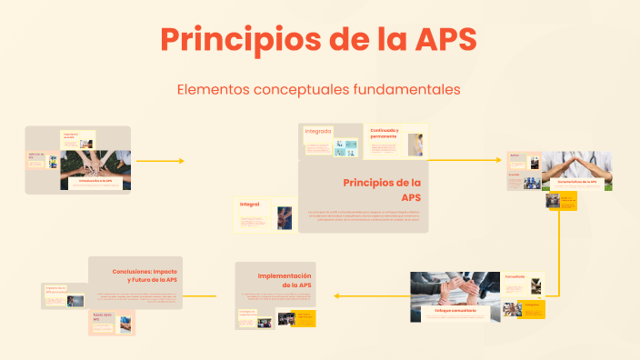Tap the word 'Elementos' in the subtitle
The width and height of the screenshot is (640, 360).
(212, 89)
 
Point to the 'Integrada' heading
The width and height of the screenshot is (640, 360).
(318, 131)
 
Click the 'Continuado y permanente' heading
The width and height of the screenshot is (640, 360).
(385, 134)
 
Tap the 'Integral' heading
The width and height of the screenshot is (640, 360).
(250, 205)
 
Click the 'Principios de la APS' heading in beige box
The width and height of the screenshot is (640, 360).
(383, 189)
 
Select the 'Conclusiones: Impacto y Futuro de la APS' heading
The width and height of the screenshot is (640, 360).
(145, 275)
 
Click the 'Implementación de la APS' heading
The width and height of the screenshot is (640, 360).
(285, 280)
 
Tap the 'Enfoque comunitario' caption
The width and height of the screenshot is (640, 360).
(455, 310)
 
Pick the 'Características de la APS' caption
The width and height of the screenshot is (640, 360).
(577, 181)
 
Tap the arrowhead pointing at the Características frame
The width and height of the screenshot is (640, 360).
(497, 160)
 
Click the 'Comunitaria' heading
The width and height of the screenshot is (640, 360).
(515, 276)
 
